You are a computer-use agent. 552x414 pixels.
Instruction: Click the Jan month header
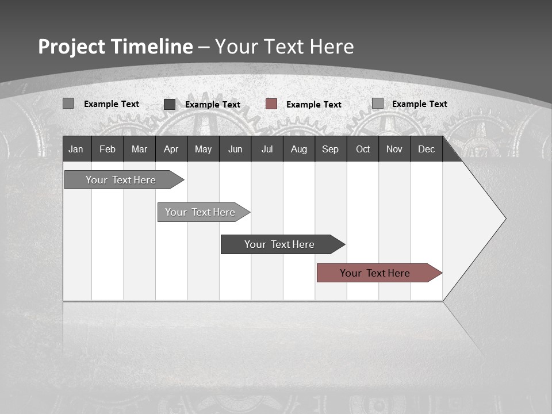click(x=76, y=149)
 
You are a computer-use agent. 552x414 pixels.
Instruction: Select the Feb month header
click(x=108, y=149)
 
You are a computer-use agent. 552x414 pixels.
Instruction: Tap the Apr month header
click(x=171, y=149)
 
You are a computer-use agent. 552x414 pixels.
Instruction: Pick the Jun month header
click(x=235, y=149)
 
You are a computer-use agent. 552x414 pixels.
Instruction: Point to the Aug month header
click(x=298, y=149)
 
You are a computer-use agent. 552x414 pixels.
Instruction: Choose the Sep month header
click(x=330, y=149)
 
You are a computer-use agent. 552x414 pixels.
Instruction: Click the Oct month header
click(x=363, y=149)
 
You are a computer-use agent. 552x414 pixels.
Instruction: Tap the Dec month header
click(x=426, y=149)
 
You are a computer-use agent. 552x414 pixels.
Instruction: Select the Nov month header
click(x=394, y=149)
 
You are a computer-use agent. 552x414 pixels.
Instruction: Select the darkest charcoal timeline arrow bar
click(x=280, y=244)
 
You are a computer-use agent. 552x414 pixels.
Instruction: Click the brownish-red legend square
click(x=271, y=103)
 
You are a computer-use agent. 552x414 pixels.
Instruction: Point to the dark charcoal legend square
click(x=170, y=104)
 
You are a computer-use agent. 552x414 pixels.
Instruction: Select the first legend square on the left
click(x=68, y=103)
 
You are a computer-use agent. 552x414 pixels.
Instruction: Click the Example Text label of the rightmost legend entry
click(x=419, y=103)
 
